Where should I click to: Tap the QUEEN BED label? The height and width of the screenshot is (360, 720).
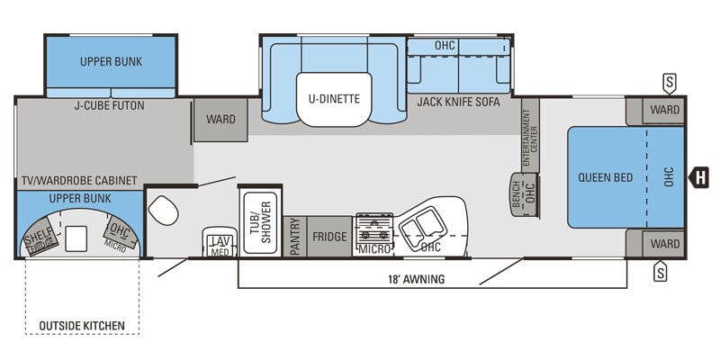607,177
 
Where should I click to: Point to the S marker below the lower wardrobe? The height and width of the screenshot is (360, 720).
660,271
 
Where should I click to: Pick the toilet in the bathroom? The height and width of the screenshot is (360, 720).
164,211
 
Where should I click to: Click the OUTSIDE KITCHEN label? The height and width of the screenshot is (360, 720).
81,325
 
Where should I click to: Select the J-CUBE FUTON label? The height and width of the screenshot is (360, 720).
109,105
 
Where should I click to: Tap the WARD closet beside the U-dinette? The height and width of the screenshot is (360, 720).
220,120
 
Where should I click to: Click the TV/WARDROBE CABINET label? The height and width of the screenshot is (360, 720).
80,181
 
